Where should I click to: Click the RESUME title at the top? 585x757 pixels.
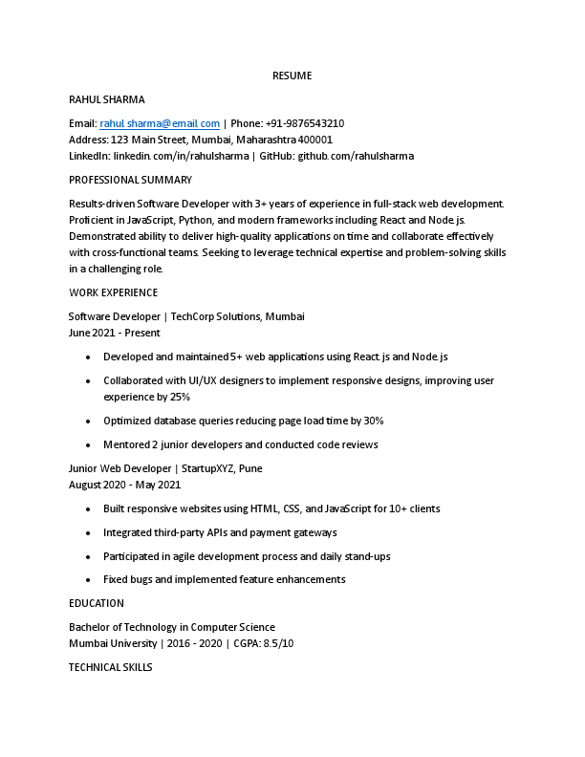coord(292,76)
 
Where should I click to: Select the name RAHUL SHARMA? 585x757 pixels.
coord(107,99)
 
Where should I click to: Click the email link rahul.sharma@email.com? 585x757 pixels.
coord(160,123)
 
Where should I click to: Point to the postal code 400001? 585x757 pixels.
coord(315,140)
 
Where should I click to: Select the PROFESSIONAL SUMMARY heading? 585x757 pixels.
coord(130,180)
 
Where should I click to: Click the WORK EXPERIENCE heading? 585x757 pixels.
coord(114,292)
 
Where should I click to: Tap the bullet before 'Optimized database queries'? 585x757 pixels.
coord(88,421)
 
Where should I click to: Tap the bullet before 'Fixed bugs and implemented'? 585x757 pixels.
coord(88,579)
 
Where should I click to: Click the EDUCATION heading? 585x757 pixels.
coord(97,603)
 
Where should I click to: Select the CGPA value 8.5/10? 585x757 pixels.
coord(277,643)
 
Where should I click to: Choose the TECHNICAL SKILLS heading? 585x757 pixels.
coord(111,667)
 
